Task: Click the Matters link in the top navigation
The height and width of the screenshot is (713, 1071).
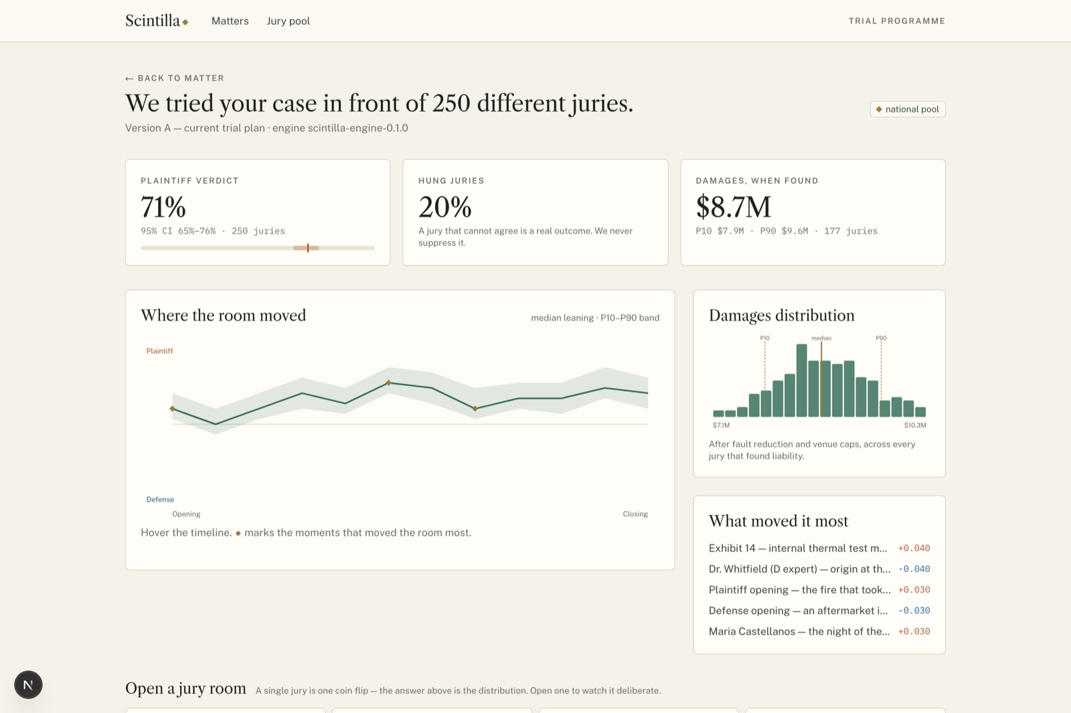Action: coord(230,21)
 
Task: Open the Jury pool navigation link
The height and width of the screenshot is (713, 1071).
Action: coord(288,21)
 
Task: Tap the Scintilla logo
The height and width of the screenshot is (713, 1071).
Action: coord(157,21)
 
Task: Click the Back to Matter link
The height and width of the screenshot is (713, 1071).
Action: coord(175,78)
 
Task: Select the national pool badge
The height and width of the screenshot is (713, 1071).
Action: coord(908,109)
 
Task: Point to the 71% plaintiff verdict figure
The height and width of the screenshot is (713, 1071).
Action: coord(163,207)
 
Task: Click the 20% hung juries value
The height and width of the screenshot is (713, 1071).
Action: coord(444,207)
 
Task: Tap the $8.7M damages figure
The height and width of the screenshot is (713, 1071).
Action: coord(733,207)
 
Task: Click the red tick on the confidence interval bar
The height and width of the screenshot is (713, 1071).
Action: coord(308,247)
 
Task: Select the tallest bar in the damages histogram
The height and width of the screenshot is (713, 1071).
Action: coord(801,381)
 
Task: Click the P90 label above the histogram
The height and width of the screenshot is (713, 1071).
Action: coord(881,338)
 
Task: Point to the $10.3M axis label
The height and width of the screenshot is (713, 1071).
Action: coord(914,425)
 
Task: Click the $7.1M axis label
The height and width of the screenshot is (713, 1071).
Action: coord(721,425)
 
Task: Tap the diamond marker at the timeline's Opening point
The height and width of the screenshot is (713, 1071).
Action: coord(172,409)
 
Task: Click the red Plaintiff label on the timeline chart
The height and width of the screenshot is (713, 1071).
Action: coord(160,350)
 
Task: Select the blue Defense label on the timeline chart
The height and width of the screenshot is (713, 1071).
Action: coord(160,500)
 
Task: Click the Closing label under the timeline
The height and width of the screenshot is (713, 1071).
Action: coord(635,514)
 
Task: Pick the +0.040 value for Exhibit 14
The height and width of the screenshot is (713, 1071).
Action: coord(914,548)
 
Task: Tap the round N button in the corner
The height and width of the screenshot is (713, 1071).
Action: coord(28,685)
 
